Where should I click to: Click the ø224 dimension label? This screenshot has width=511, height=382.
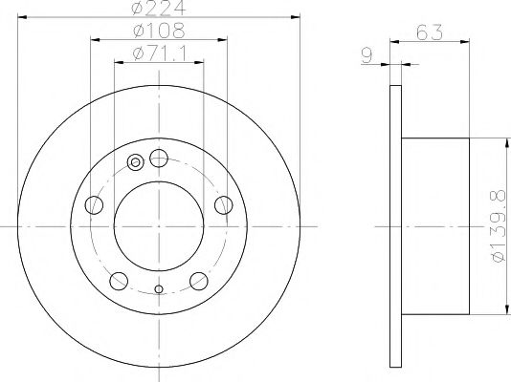159,10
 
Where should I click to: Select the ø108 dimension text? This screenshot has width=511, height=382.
159,31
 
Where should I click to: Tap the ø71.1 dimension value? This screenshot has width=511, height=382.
159,51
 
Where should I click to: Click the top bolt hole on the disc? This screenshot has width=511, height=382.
159,158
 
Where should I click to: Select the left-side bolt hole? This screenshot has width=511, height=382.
93,204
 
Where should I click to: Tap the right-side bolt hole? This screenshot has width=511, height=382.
224,204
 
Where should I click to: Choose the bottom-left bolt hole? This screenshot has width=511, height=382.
119,281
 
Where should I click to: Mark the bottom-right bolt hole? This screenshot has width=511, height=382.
199,281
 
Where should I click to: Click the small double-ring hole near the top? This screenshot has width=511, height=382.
135,161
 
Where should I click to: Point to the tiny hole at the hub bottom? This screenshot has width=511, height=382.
159,287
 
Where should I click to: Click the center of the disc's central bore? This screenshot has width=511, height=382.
159,225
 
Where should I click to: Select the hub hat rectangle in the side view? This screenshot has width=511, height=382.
436,225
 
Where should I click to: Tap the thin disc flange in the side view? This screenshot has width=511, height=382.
396,225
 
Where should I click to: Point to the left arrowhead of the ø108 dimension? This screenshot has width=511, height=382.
95,39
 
